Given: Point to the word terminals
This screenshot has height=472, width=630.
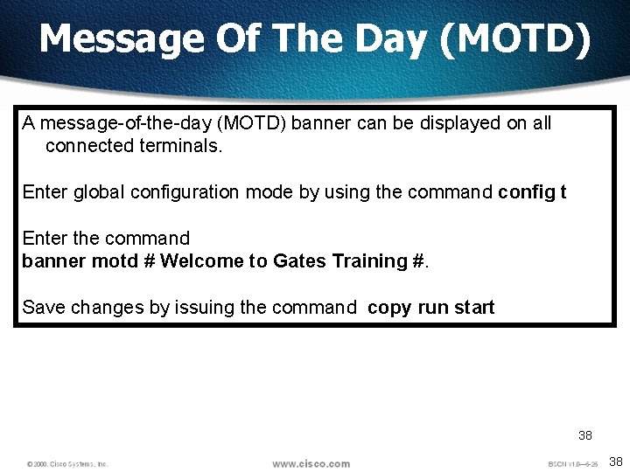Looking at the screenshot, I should (x=181, y=146).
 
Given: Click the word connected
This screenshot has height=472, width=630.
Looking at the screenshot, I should (x=89, y=146).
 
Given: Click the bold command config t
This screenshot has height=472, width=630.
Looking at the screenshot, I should (x=532, y=192).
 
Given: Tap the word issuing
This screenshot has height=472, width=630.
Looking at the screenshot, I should (x=199, y=308).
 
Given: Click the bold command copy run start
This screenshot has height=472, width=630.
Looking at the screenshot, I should (x=431, y=308).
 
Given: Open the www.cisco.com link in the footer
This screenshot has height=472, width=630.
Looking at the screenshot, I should (x=311, y=464).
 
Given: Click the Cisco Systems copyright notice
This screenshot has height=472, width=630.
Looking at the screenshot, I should (x=67, y=464).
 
